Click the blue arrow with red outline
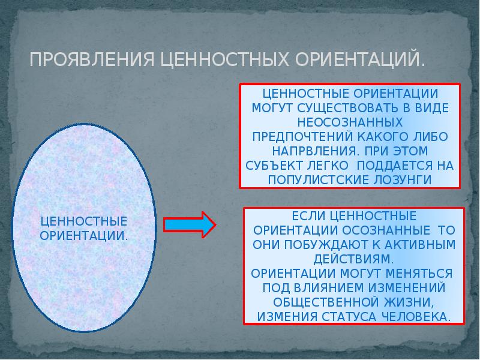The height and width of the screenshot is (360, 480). click(x=189, y=224)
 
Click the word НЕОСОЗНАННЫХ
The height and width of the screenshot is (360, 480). click(x=350, y=122)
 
